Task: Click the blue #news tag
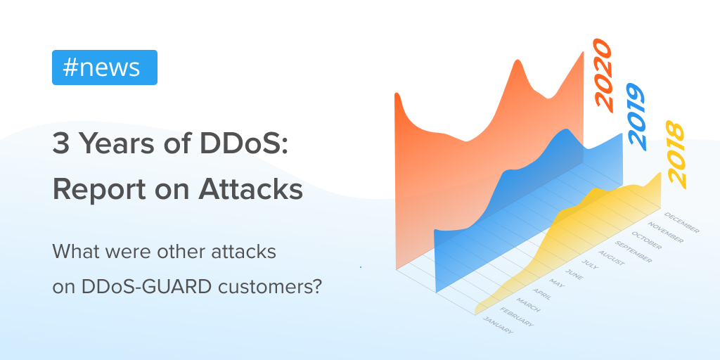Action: tap(104, 67)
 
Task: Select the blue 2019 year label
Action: tap(636, 117)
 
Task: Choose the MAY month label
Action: tap(558, 283)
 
